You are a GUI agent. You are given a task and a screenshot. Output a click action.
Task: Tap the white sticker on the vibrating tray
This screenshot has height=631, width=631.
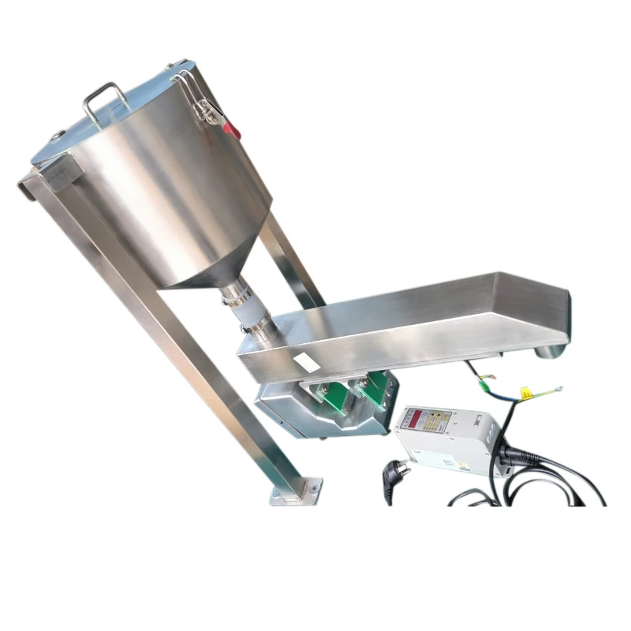[304, 364]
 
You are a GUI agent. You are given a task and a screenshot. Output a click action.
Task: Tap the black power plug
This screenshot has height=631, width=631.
[391, 473]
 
